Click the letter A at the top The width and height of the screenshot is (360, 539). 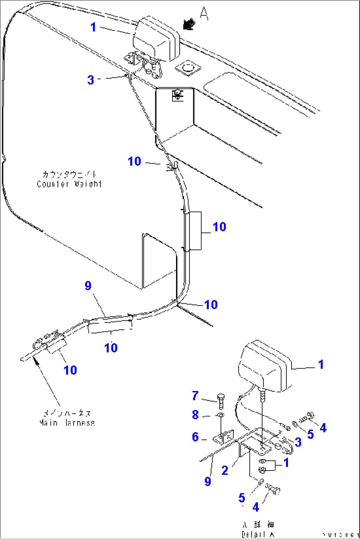pyautogui.click(x=204, y=14)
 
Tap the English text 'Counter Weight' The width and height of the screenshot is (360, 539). pyautogui.click(x=69, y=184)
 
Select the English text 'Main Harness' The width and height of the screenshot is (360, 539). pyautogui.click(x=67, y=423)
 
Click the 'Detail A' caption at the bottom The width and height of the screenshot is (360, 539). pyautogui.click(x=258, y=534)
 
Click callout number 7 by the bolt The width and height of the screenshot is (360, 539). pyautogui.click(x=195, y=396)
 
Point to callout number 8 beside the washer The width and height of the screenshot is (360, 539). pyautogui.click(x=195, y=415)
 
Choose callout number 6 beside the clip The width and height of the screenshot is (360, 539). pyautogui.click(x=195, y=437)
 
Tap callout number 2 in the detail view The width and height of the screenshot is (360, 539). pyautogui.click(x=225, y=470)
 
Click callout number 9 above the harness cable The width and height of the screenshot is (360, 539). pyautogui.click(x=88, y=286)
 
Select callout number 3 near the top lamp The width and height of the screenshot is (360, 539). pyautogui.click(x=91, y=80)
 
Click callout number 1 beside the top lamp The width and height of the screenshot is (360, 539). pyautogui.click(x=93, y=27)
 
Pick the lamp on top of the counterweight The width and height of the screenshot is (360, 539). pyautogui.click(x=156, y=39)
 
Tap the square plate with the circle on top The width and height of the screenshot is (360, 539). pyautogui.click(x=188, y=68)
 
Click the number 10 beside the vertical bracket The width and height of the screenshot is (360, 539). pyautogui.click(x=219, y=227)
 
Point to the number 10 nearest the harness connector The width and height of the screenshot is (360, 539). pyautogui.click(x=70, y=370)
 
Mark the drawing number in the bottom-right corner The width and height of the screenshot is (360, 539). pyautogui.click(x=341, y=535)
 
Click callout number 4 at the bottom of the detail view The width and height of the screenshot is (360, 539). pyautogui.click(x=256, y=507)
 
